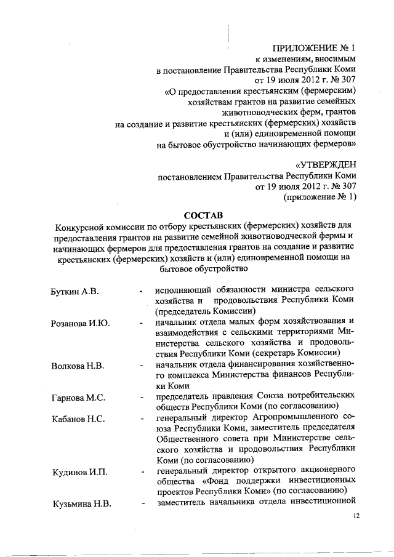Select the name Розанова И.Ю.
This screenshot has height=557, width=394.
80,324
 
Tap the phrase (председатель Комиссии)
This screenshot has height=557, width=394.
196,311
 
